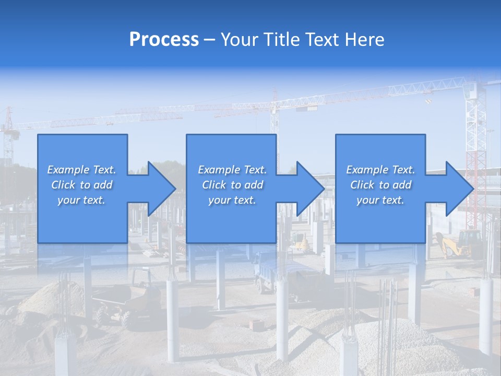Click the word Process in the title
click(164, 40)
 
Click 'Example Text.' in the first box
click(81, 170)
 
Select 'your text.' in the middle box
click(232, 200)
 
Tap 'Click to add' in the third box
click(380, 185)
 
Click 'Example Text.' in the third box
click(380, 170)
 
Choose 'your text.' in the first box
click(81, 200)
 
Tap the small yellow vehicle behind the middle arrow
click(300, 241)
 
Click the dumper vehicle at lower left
click(130, 303)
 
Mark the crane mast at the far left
click(8, 136)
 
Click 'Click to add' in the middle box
click(232, 185)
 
